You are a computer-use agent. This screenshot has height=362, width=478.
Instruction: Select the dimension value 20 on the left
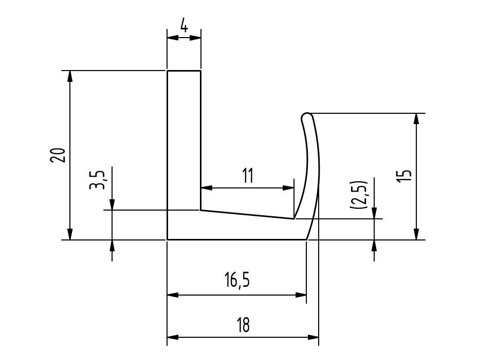[x=58, y=155]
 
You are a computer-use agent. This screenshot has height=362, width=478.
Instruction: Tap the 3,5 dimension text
[x=97, y=180]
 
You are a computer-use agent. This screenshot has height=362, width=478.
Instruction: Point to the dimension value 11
[x=248, y=176]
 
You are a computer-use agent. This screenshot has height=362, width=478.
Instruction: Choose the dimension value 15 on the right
[x=404, y=176]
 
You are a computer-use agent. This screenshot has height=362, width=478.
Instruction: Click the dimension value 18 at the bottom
[x=243, y=325]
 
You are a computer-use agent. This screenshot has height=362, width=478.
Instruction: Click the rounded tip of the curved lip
[x=307, y=117]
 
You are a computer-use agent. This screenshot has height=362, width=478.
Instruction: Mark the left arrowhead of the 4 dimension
[x=173, y=38]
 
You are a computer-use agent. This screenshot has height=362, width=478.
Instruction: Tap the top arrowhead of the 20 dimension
[x=70, y=76]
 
